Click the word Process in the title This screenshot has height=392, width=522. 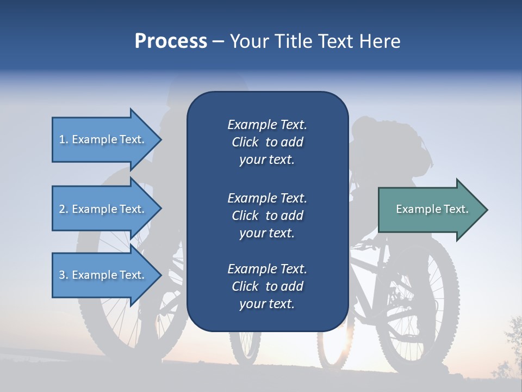pyautogui.click(x=171, y=41)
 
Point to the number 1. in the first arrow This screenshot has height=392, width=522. pyautogui.click(x=64, y=140)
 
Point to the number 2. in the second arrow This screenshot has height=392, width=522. pyautogui.click(x=64, y=210)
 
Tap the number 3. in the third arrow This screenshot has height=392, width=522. pyautogui.click(x=64, y=275)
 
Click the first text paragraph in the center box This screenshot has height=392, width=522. pyautogui.click(x=267, y=142)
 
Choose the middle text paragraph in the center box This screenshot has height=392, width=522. pyautogui.click(x=267, y=216)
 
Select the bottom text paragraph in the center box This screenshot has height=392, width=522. pyautogui.click(x=267, y=286)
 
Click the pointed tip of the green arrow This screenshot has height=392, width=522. pyautogui.click(x=486, y=210)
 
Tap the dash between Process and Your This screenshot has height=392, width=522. pyautogui.click(x=219, y=42)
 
